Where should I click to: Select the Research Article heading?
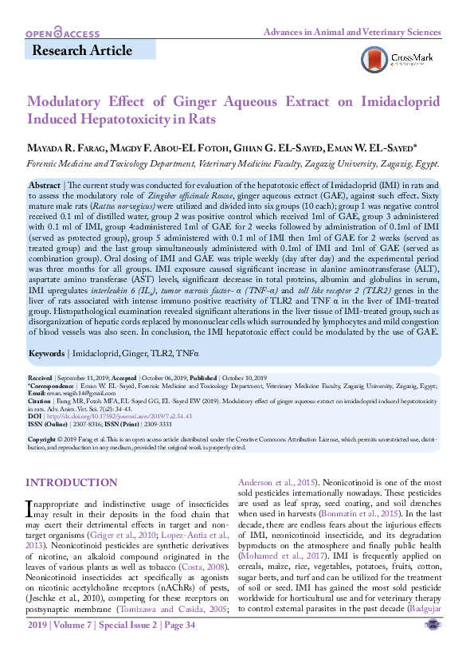[x=82, y=51]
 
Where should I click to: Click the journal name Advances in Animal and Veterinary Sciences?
[x=352, y=32]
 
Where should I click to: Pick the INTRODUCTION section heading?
[x=72, y=483]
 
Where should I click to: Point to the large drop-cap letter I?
[x=30, y=507]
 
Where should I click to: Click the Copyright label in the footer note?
[x=41, y=439]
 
